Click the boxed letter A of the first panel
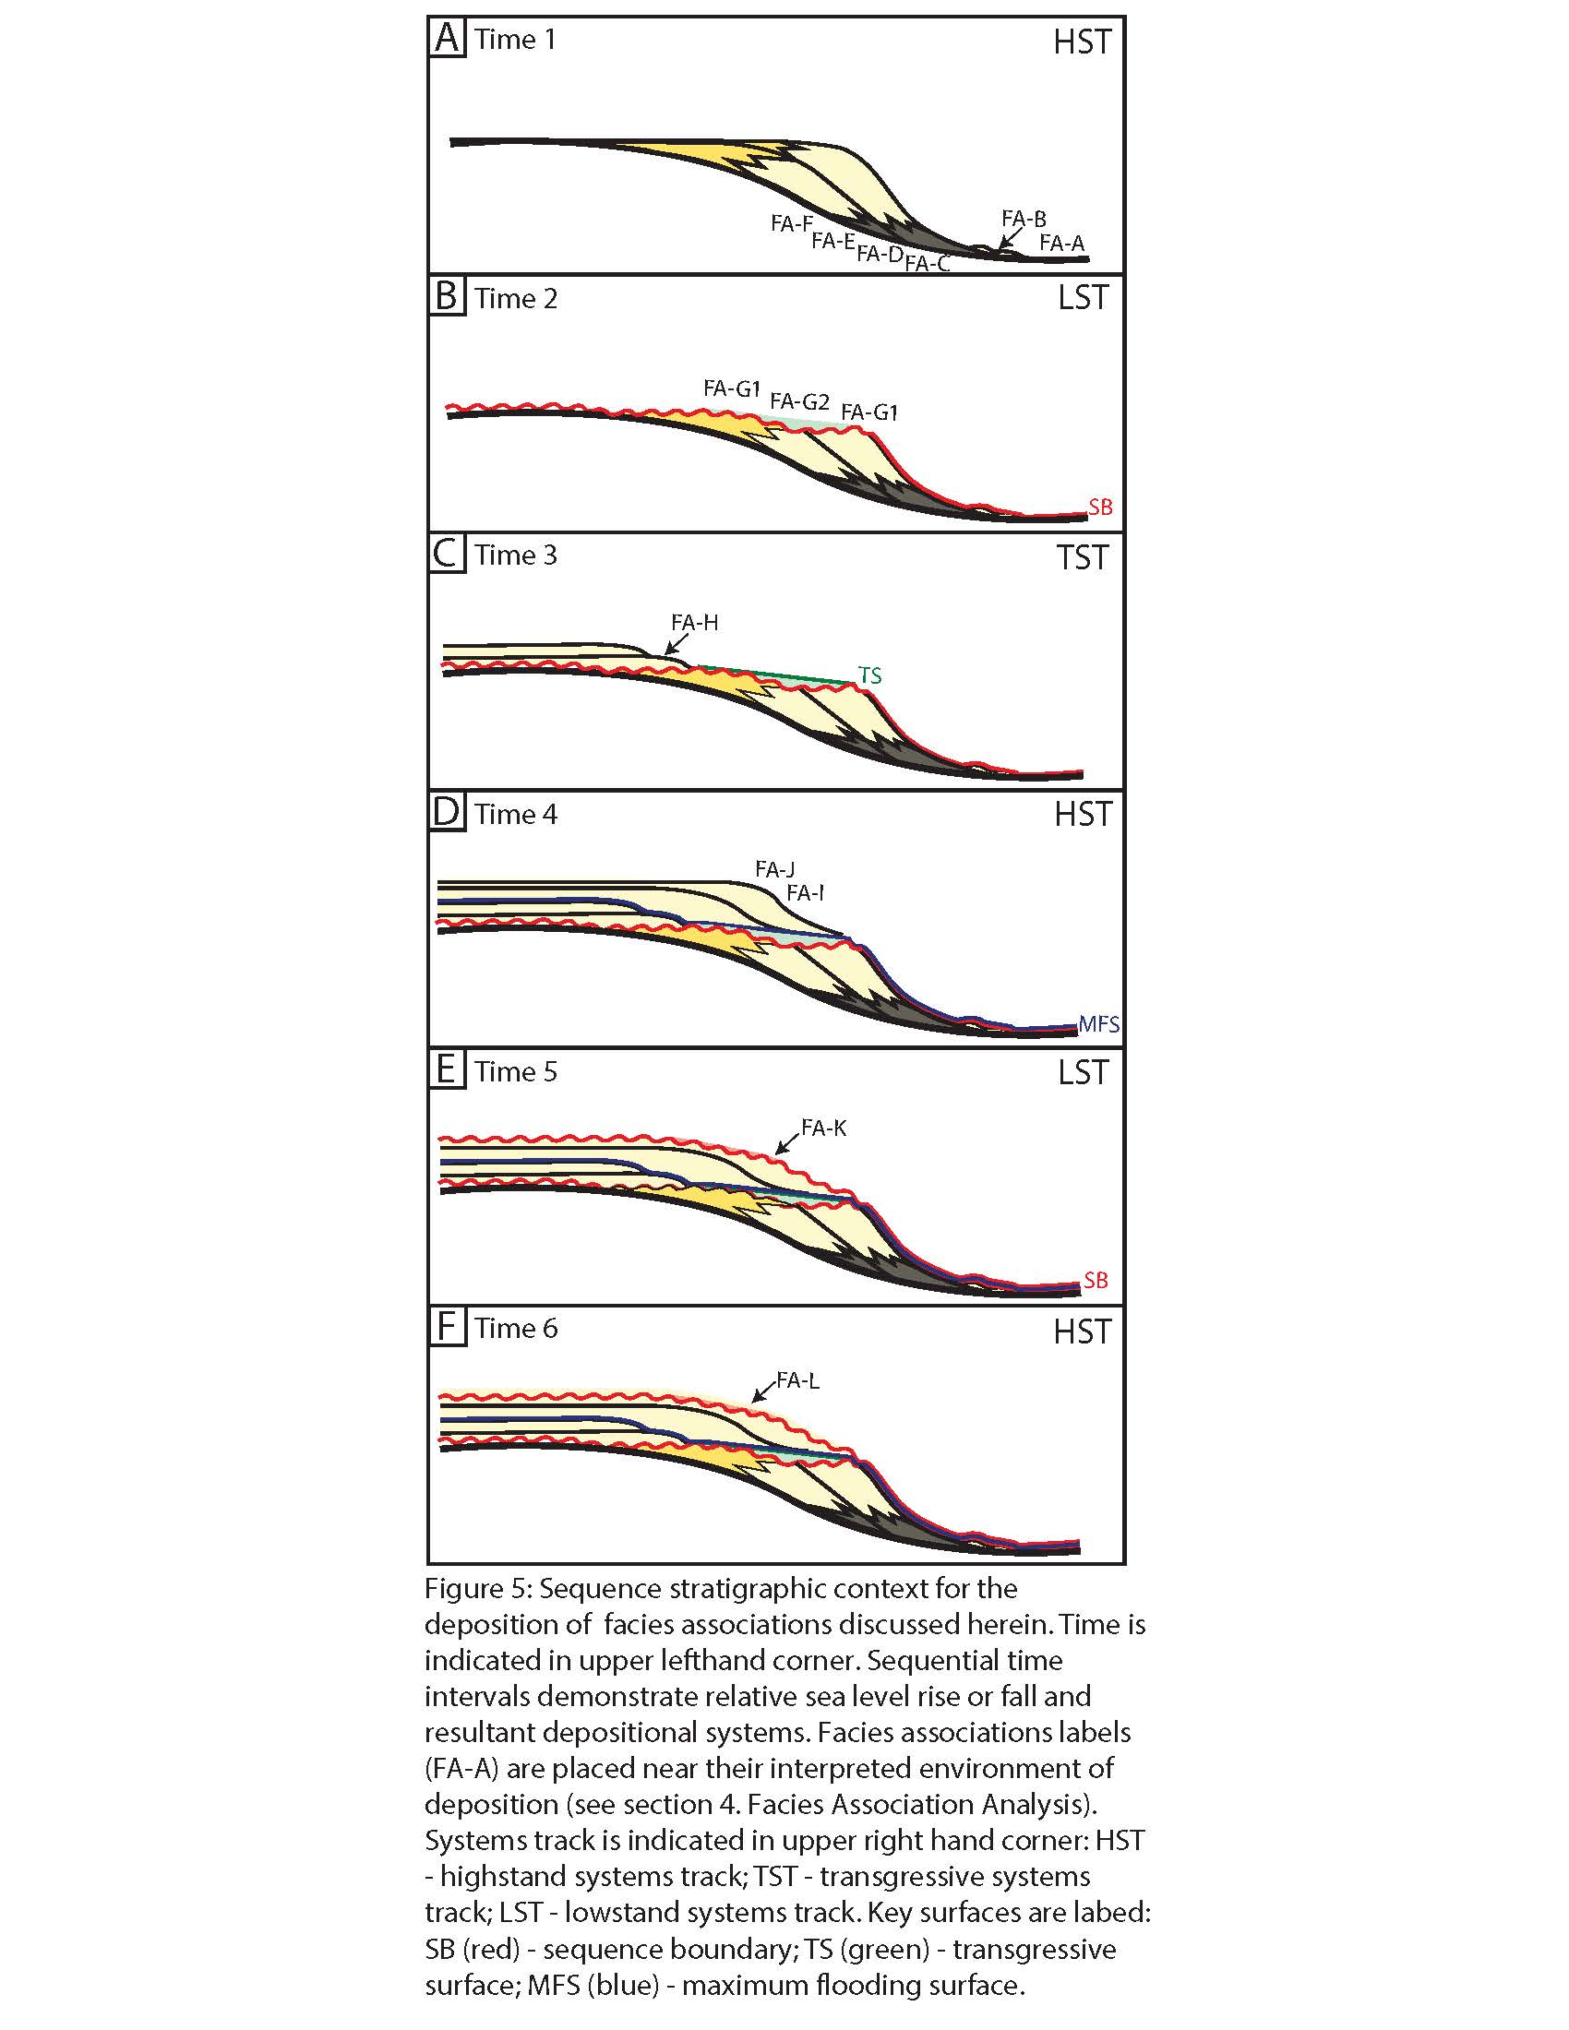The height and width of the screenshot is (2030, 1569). (x=447, y=40)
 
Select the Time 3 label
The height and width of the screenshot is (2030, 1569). (x=516, y=555)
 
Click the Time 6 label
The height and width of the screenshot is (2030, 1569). (x=516, y=1327)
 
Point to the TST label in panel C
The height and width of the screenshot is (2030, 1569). (x=1083, y=557)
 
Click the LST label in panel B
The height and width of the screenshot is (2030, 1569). (x=1083, y=298)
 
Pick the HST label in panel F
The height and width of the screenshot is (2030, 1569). (x=1082, y=1331)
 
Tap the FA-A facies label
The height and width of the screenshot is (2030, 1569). (x=1061, y=244)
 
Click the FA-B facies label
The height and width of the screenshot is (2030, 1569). (x=1024, y=220)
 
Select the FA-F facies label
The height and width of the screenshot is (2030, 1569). (x=792, y=223)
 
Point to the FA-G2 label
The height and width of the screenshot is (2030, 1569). (x=799, y=401)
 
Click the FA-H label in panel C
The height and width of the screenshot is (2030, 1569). (x=694, y=623)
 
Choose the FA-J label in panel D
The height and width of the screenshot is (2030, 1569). (x=774, y=870)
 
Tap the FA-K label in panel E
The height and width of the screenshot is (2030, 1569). (x=823, y=1128)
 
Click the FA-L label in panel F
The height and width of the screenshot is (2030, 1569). (x=797, y=1380)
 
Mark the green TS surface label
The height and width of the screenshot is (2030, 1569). (x=869, y=675)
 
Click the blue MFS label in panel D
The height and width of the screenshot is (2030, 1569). (x=1098, y=1024)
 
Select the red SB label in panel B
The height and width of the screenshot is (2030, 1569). (x=1099, y=507)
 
